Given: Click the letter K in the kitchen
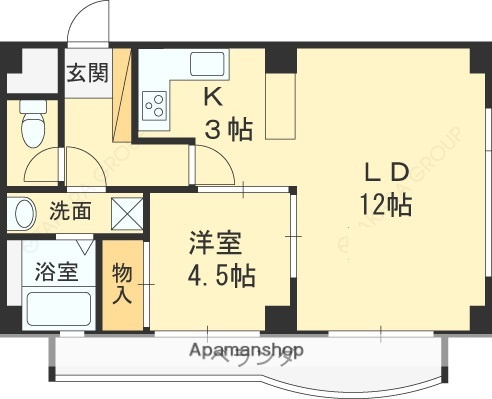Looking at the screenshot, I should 213,97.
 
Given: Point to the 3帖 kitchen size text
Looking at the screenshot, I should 228,128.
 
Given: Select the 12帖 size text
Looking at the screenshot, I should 385,206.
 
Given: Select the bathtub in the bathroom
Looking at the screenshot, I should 56,307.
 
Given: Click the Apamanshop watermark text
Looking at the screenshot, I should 245,350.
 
